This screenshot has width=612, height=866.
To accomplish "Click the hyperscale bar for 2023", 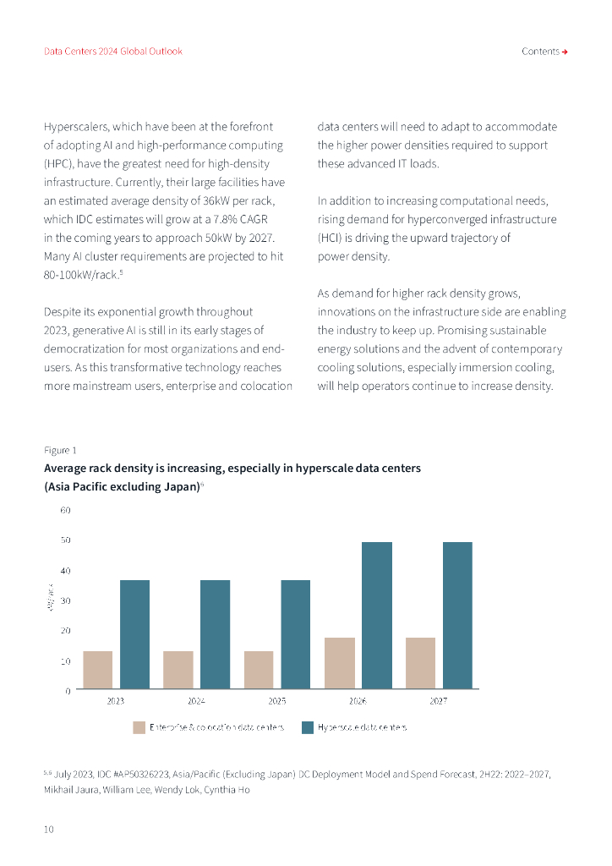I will pyautogui.click(x=134, y=634).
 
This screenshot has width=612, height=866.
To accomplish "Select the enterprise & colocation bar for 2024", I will pyautogui.click(x=178, y=670).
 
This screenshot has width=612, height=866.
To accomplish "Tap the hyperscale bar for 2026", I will pyautogui.click(x=377, y=615).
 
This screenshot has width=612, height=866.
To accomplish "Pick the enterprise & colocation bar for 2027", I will pyautogui.click(x=420, y=663).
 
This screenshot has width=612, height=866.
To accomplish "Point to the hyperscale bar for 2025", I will pyautogui.click(x=296, y=634).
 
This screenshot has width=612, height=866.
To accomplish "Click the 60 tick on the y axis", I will pyautogui.click(x=65, y=510).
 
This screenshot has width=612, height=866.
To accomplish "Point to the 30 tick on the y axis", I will pyautogui.click(x=65, y=600).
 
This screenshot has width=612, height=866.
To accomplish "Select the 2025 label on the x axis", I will pyautogui.click(x=277, y=701).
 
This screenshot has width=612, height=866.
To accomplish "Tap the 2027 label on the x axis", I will pyautogui.click(x=439, y=701).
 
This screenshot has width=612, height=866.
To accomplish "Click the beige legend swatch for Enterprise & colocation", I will pyautogui.click(x=139, y=727).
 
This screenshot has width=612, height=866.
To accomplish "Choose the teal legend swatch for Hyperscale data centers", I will pyautogui.click(x=308, y=727).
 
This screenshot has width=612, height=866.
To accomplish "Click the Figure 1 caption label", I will pyautogui.click(x=60, y=450).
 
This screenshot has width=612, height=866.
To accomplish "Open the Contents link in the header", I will pyautogui.click(x=540, y=52).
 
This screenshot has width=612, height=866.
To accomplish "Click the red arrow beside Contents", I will pyautogui.click(x=565, y=52).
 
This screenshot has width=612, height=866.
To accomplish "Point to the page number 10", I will pyautogui.click(x=49, y=830).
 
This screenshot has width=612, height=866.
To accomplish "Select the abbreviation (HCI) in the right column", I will pyautogui.click(x=330, y=238).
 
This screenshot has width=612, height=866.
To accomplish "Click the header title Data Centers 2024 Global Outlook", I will pyautogui.click(x=113, y=52).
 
